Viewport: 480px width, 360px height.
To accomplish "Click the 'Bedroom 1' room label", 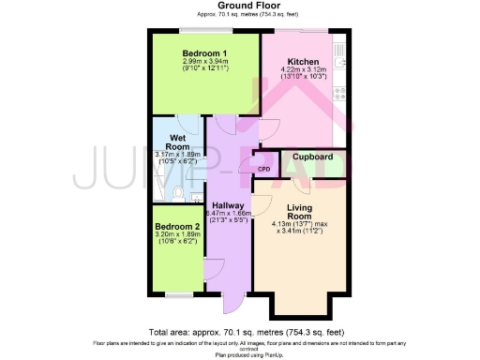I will pyautogui.click(x=204, y=52).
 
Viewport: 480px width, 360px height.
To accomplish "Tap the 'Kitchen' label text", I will pyautogui.click(x=303, y=61).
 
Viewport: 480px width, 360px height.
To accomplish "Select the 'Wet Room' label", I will pyautogui.click(x=179, y=142).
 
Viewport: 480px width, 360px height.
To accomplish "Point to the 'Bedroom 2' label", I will pyautogui.click(x=178, y=227).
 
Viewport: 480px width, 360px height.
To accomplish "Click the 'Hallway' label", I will pyautogui.click(x=228, y=205).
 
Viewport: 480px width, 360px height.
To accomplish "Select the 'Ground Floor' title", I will pyautogui.click(x=243, y=6).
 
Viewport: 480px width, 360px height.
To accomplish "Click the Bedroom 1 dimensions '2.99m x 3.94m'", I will pyautogui.click(x=204, y=62).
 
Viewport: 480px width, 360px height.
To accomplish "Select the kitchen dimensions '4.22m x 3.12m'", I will pyautogui.click(x=303, y=70).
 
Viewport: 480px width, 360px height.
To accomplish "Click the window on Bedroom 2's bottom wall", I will pyautogui.click(x=178, y=295).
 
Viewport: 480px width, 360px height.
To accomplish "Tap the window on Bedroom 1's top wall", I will pyautogui.click(x=205, y=31).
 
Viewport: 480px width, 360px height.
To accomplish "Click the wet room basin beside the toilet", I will pyautogui.click(x=195, y=198).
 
